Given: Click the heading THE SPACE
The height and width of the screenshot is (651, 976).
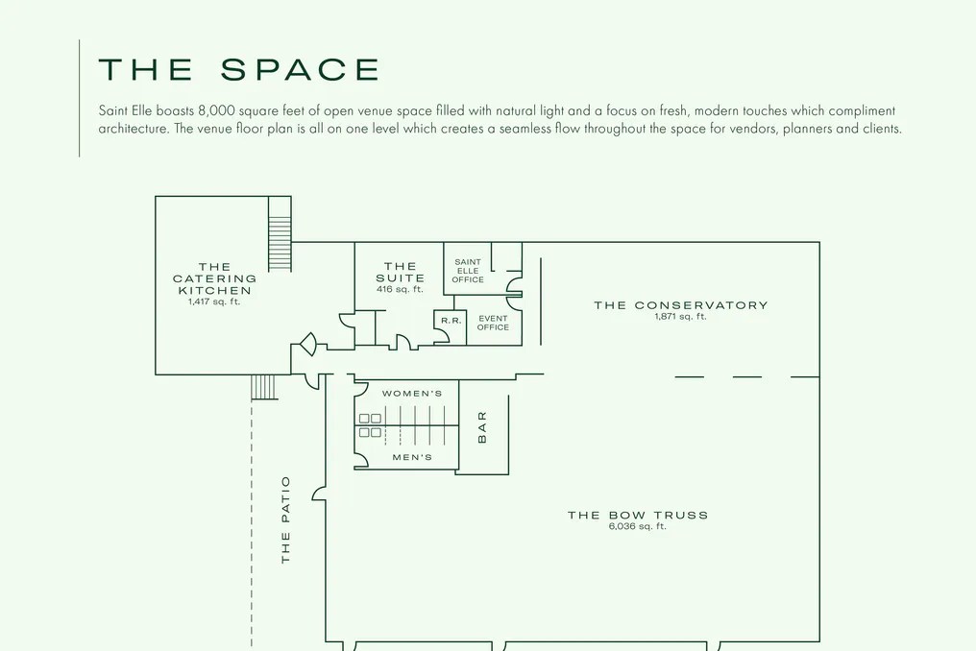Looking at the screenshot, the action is tap(239, 69).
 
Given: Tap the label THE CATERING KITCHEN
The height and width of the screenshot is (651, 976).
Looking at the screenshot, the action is tap(215, 278).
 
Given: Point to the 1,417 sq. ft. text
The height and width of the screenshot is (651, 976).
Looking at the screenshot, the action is tap(214, 301).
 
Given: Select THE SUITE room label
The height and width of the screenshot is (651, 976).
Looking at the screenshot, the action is tap(401, 272).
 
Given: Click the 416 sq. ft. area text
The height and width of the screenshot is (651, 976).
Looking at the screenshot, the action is tap(400, 289).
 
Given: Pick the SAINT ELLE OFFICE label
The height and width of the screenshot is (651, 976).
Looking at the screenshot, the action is tap(468, 271).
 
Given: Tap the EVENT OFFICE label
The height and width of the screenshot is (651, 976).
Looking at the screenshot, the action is tap(493, 323).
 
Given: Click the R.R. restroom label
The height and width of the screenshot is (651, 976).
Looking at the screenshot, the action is tap(451, 321).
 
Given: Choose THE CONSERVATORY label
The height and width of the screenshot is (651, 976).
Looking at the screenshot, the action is tap(681, 305).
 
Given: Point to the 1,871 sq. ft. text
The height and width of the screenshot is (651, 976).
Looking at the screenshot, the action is tap(680, 317).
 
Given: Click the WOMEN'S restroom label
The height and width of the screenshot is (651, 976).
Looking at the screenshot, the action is tap(412, 394).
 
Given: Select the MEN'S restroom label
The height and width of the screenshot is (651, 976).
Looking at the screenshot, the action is tap(412, 457).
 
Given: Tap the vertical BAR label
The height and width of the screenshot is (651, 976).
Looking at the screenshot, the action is tap(482, 427).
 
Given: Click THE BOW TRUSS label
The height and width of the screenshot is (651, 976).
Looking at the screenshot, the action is tap(638, 515).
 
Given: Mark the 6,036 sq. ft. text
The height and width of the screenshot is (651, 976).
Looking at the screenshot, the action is tap(638, 526).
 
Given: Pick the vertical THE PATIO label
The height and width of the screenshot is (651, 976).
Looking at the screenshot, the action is tap(285, 520).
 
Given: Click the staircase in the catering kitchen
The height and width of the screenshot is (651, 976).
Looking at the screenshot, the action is tap(280, 234).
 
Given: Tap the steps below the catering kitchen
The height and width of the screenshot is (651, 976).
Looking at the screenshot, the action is tap(263, 387).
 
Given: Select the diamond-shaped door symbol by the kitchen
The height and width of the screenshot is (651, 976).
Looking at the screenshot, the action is tap(308, 344).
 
